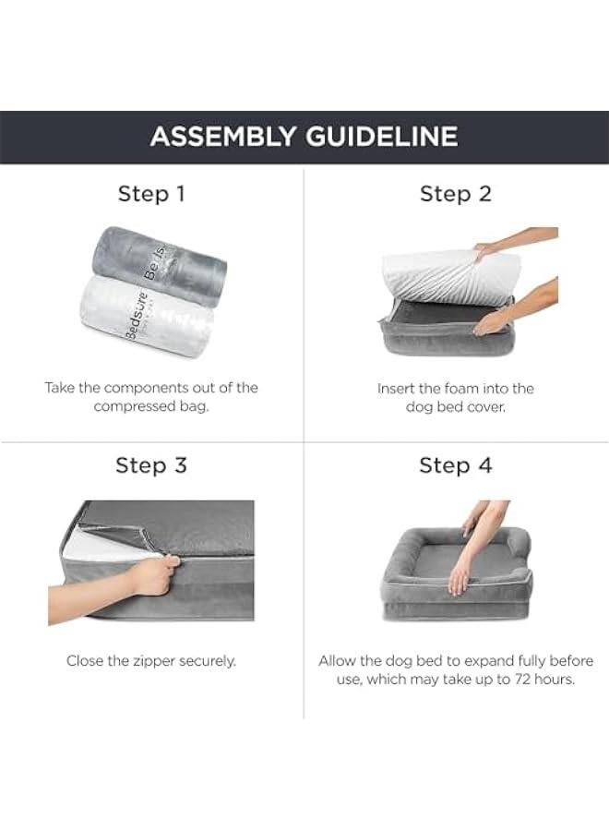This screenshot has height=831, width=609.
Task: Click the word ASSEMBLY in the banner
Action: (222, 137)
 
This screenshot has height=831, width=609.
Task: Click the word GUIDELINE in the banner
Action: (381, 137)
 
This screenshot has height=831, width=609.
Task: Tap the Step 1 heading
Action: (151, 194)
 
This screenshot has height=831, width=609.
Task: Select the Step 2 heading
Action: (456, 194)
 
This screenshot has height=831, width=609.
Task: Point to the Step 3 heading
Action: (151, 465)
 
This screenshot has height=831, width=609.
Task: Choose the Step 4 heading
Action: (456, 465)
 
